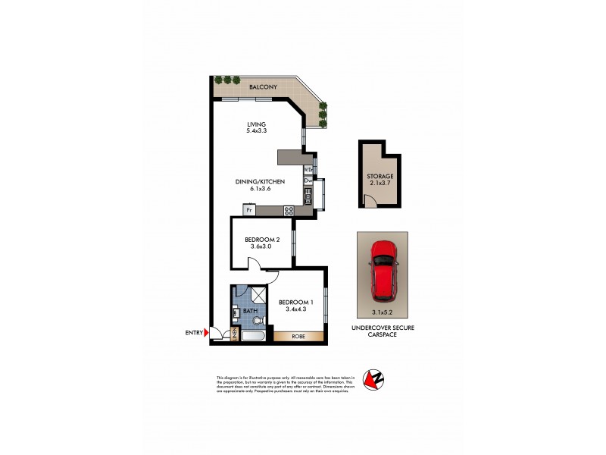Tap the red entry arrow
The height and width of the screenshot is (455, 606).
207,332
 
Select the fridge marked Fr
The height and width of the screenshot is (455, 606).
248,209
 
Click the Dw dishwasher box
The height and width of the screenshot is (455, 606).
308,181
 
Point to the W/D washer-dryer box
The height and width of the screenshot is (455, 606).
308,169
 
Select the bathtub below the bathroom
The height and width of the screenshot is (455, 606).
253,336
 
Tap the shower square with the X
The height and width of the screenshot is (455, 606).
258,295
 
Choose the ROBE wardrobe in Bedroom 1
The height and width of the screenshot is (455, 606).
298,336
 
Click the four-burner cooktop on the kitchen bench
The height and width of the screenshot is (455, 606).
288,210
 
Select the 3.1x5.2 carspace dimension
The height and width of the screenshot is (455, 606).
382,312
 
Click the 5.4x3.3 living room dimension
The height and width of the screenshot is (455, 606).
257,130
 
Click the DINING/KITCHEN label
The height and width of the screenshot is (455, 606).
260,182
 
